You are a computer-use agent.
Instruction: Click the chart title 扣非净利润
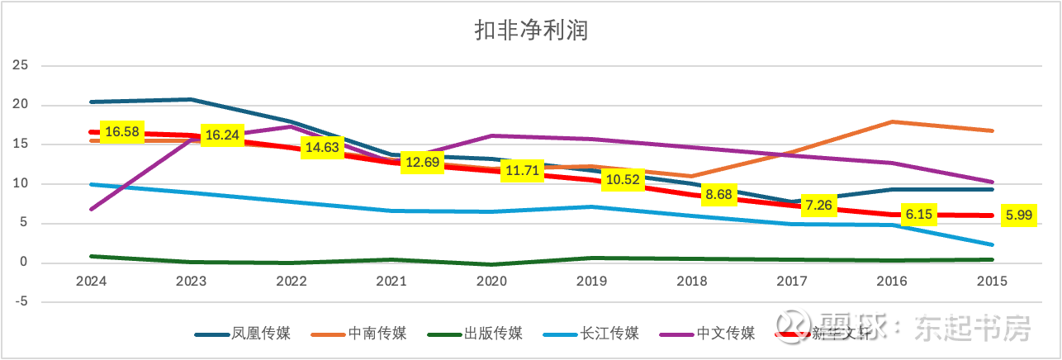(530, 31)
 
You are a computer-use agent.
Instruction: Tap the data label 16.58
(123, 131)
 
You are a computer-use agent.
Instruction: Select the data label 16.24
(222, 135)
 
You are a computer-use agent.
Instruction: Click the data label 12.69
(424, 163)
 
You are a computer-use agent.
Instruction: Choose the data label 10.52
(623, 180)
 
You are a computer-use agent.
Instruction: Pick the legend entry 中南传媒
(377, 334)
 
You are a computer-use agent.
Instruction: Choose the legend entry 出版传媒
(494, 334)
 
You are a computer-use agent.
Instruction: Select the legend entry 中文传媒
(726, 334)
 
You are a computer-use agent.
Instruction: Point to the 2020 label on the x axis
(491, 281)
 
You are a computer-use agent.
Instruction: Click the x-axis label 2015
(991, 281)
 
